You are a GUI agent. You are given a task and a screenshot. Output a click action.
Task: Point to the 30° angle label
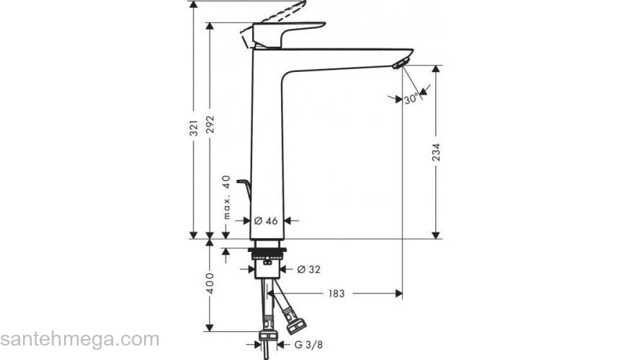[411, 99]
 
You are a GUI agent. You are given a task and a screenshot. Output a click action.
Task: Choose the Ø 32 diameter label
[309, 269]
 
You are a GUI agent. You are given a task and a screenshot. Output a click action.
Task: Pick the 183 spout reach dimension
[336, 293]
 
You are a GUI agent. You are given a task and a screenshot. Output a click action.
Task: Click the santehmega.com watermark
[79, 339]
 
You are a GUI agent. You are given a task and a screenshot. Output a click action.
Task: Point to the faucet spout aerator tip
[397, 65]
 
